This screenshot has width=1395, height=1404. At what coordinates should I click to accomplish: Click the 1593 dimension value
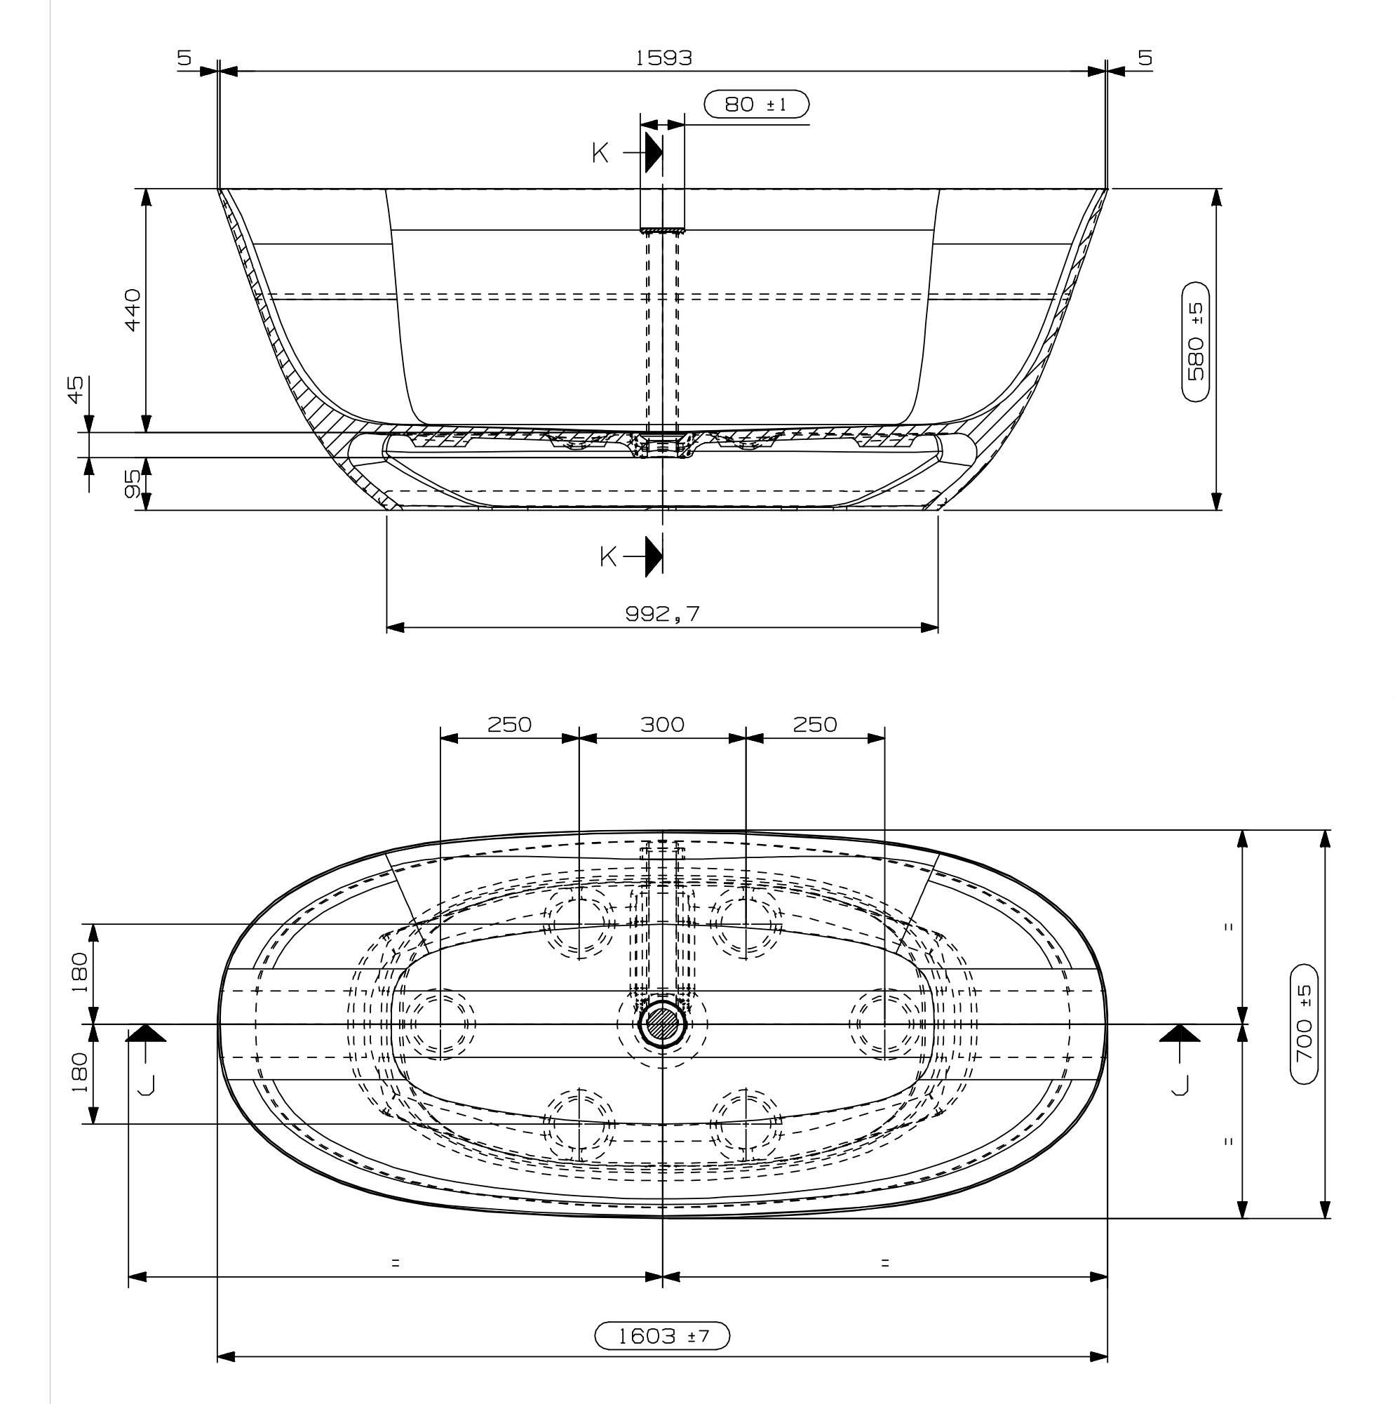[x=663, y=58]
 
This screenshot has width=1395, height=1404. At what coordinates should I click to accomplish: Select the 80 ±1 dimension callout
[x=756, y=105]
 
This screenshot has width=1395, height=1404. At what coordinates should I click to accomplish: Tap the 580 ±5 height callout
[x=1195, y=342]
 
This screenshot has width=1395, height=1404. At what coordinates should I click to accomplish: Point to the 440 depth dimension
[x=133, y=309]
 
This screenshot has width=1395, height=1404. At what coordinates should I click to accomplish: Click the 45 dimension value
[x=76, y=390]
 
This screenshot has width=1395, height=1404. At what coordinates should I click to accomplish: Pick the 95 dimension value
[x=133, y=483]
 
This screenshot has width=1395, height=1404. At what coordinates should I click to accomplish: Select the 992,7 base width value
[x=663, y=614]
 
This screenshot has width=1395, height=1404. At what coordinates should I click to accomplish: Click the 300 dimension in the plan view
[x=663, y=725]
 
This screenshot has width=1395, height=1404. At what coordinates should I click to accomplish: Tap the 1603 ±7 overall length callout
[x=662, y=1336]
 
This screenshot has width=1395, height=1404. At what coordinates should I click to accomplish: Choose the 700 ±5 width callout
[x=1305, y=1024]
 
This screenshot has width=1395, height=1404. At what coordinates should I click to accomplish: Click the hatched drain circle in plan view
[x=662, y=1024]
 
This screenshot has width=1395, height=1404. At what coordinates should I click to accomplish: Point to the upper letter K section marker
[x=600, y=154]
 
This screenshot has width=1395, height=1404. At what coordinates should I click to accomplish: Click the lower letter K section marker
[x=608, y=557]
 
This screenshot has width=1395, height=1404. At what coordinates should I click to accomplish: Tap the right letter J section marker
[x=1180, y=1084]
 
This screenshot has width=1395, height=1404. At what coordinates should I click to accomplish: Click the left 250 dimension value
[x=509, y=725]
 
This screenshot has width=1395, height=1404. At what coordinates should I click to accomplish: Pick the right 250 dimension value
[x=815, y=725]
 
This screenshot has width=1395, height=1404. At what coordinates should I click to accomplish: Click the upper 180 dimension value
[x=79, y=972]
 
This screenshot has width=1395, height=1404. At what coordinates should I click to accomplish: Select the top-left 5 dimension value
[x=184, y=58]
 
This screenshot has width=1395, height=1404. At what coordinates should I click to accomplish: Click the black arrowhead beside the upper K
[x=654, y=154]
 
